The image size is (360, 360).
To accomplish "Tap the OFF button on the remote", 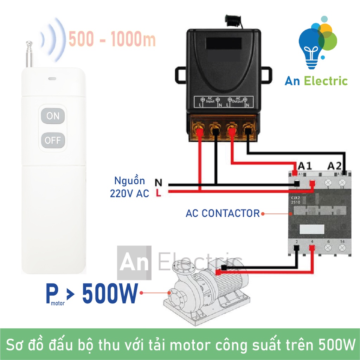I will click(x=53, y=141).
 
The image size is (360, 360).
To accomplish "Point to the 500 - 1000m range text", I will click(x=112, y=39).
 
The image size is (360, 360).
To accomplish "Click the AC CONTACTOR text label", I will click(x=223, y=213).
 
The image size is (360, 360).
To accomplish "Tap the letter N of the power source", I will click(x=159, y=183).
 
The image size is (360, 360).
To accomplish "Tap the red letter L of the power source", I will click(x=159, y=193).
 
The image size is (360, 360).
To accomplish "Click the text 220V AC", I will click(x=129, y=193).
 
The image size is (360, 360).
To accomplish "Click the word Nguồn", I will click(x=129, y=181).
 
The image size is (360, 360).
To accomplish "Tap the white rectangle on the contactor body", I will click(x=311, y=229).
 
